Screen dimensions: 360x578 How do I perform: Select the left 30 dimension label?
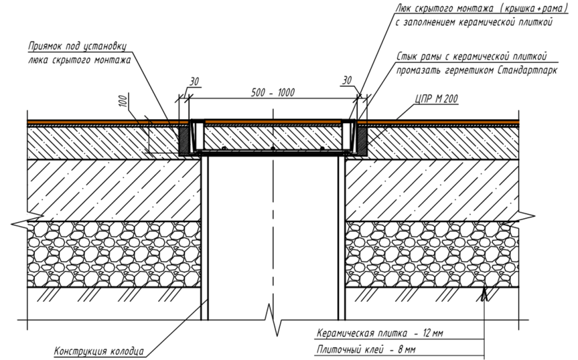tap(194, 82)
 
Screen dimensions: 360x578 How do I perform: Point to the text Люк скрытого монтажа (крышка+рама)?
tap(480, 7)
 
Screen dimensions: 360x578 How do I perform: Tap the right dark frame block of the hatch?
tap(361, 141)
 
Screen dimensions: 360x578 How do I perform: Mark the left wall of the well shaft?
tap(205, 237)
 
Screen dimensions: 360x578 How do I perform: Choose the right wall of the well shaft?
tap(341, 237)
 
